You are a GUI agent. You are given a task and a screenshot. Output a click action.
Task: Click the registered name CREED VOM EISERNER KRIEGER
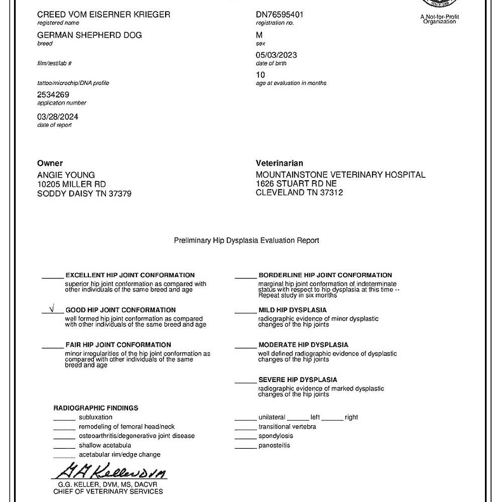click(x=103, y=15)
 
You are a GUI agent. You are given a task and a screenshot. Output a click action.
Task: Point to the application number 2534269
click(x=53, y=94)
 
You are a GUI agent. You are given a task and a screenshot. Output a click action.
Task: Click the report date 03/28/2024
click(x=58, y=116)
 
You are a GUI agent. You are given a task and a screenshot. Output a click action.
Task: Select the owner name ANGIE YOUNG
click(x=66, y=175)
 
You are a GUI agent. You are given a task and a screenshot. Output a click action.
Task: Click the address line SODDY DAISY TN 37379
click(x=84, y=193)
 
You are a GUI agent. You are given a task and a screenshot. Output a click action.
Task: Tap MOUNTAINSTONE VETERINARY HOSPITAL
click(x=340, y=175)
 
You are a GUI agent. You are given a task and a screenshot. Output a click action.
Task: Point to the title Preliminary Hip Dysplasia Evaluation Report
click(x=246, y=240)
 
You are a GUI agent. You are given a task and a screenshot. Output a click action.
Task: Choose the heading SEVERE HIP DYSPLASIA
click(x=298, y=380)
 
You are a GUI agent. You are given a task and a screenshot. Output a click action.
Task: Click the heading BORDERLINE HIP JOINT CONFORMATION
click(x=325, y=275)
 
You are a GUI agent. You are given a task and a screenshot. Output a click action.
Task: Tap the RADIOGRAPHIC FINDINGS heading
click(x=96, y=408)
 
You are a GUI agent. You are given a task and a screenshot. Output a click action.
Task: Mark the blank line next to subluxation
click(x=64, y=419)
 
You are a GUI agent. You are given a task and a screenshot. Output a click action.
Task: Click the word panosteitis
click(x=274, y=445)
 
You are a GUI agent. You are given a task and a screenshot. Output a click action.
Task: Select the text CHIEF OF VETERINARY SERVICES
click(x=108, y=491)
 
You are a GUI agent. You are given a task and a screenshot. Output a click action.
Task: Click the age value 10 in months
click(x=261, y=75)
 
